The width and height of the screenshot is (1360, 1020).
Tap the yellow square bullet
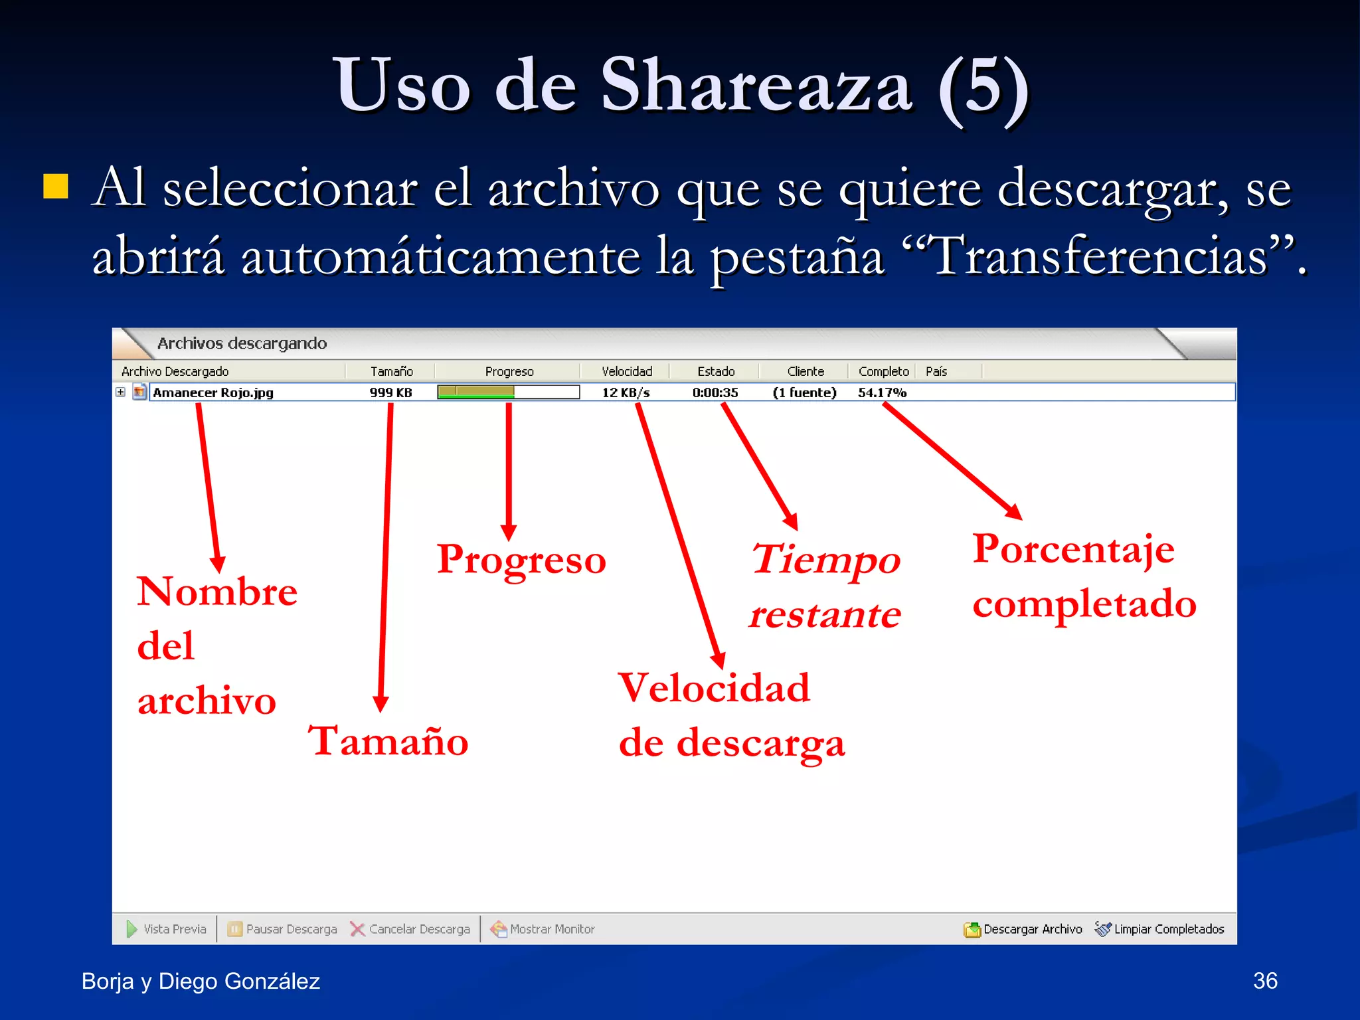56,187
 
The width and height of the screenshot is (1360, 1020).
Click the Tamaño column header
391,371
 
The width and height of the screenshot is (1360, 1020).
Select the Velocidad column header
626,371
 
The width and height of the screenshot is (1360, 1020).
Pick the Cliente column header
805,371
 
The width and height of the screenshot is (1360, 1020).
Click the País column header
936,371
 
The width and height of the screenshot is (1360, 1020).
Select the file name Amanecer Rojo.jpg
213,392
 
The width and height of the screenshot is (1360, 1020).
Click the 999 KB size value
390,392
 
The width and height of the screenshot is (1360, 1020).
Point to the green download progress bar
476,392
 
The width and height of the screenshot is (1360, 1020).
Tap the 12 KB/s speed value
626,392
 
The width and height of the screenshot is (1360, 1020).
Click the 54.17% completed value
882,392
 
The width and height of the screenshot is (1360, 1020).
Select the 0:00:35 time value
715,392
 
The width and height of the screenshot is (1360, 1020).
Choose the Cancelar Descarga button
410,929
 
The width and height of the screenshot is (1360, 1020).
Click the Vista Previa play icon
131,929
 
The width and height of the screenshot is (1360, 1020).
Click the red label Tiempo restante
825,586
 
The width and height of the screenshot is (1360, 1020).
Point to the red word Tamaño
388,740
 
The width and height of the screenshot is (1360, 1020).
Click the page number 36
1264,981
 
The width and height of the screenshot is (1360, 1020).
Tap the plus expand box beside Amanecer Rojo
120,392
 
